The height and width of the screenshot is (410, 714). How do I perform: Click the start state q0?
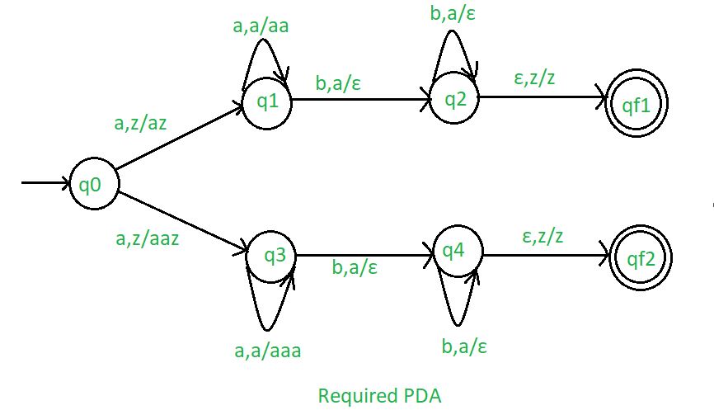click(93, 183)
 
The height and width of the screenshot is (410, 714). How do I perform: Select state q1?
click(265, 103)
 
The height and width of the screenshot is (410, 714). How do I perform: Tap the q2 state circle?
click(454, 101)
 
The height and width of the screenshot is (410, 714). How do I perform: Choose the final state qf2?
click(641, 259)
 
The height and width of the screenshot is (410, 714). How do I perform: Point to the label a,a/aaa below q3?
click(267, 351)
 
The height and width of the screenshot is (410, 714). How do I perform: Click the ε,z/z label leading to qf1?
click(535, 80)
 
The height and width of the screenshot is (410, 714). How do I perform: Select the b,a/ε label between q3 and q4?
click(355, 267)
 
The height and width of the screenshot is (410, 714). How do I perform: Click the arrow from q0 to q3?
click(183, 219)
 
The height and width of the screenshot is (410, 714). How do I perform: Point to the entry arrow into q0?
click(45, 183)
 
